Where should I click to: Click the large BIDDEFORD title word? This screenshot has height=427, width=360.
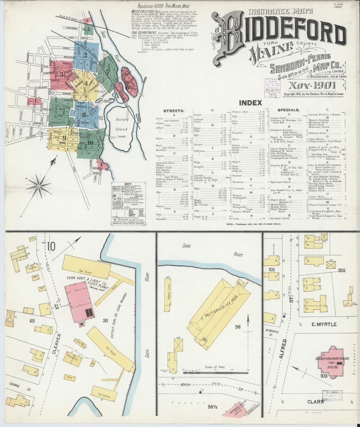tap(281, 36)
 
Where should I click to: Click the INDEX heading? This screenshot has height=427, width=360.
tap(253, 103)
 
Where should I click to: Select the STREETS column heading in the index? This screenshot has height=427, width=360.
tap(173, 111)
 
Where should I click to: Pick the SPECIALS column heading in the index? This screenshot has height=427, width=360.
tap(288, 110)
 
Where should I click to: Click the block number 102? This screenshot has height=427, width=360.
tap(341, 270)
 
